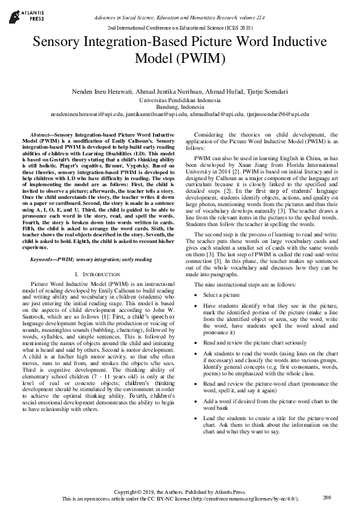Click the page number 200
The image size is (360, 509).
pos(327,498)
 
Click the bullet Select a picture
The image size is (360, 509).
pos(222,294)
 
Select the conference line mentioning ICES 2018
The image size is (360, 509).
pos(180,28)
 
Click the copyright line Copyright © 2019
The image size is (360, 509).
pos(180,492)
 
